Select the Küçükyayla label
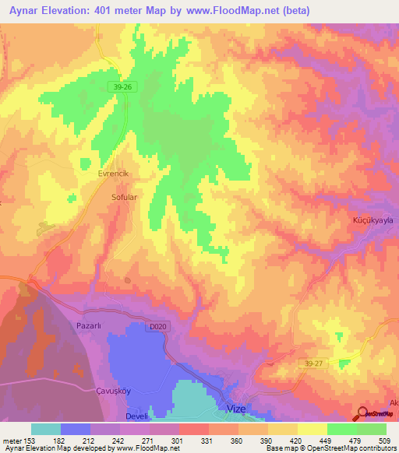point(369,220)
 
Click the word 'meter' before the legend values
point(12,440)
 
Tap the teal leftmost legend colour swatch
point(46,429)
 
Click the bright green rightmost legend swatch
point(372,429)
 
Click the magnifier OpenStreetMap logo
point(362,414)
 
